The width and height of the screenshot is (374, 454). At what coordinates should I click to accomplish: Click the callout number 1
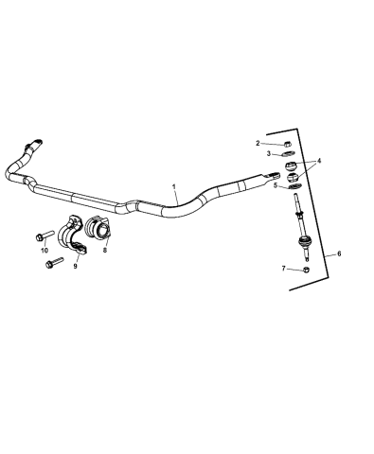[173, 188]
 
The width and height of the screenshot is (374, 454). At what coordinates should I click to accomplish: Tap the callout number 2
[256, 144]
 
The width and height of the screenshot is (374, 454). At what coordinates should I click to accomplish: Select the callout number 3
[269, 152]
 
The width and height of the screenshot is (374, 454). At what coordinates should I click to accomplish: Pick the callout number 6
[340, 253]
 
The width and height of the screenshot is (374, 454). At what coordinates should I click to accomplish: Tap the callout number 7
[283, 270]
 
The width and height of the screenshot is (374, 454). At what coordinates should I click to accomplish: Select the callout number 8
[104, 252]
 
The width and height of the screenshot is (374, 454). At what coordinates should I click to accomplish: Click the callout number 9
[75, 267]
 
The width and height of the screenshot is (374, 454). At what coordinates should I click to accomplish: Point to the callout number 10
[44, 251]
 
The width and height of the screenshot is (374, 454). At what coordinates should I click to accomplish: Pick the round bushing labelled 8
[98, 231]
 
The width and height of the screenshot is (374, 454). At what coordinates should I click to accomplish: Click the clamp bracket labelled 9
[76, 239]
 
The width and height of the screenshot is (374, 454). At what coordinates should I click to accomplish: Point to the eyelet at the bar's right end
[276, 174]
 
